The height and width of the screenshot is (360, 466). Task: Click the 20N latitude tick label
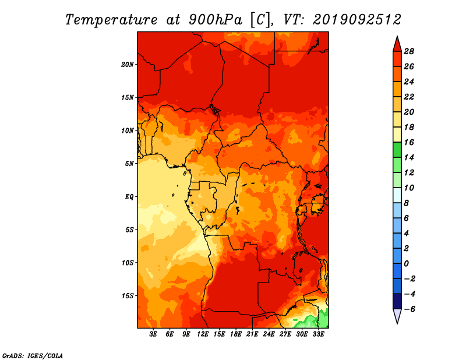(127, 65)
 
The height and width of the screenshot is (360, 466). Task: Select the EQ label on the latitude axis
(129, 197)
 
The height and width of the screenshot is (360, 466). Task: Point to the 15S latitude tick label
(128, 296)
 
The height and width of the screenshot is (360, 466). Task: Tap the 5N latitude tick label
(129, 164)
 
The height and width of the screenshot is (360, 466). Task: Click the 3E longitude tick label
(153, 334)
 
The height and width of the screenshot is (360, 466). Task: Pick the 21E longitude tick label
(252, 334)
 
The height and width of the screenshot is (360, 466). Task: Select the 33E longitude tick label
(318, 334)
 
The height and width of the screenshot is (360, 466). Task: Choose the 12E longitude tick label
(202, 334)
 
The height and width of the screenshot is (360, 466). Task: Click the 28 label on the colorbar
(409, 52)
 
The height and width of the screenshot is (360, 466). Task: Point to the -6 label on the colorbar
(409, 309)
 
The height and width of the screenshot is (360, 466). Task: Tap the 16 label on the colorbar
(409, 143)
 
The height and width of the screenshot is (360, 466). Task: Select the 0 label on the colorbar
(406, 264)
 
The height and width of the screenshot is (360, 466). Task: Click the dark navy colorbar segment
(397, 301)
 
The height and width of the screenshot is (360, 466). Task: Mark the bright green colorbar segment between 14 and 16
(397, 150)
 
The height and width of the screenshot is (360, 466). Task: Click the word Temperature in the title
(111, 20)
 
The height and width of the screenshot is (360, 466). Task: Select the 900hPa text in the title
(216, 20)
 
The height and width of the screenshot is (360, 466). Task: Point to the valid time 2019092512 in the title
(357, 20)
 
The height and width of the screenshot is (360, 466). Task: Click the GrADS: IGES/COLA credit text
(33, 356)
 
